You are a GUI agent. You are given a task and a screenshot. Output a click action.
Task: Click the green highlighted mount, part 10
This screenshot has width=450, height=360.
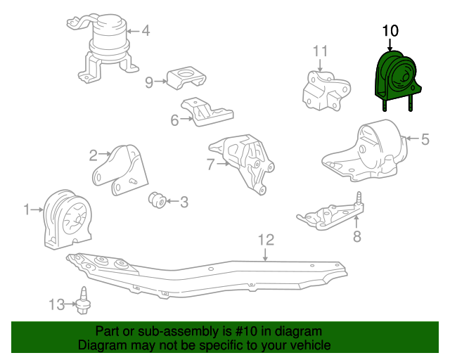tap(395, 78)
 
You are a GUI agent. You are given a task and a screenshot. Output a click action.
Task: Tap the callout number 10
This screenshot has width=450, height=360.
tap(390, 31)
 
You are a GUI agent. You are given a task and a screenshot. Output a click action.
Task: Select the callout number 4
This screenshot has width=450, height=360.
tap(146, 30)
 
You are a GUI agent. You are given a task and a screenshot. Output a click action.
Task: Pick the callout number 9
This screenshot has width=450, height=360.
tap(149, 82)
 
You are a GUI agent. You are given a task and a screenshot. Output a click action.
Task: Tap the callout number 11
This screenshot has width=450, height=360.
tap(321, 51)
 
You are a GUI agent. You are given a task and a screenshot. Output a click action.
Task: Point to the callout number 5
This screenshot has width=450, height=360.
tap(425, 139)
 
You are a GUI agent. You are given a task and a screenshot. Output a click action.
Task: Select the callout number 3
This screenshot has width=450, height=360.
tap(184, 202)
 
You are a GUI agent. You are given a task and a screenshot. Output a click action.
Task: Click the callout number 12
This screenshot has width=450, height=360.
tap(265, 240)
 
